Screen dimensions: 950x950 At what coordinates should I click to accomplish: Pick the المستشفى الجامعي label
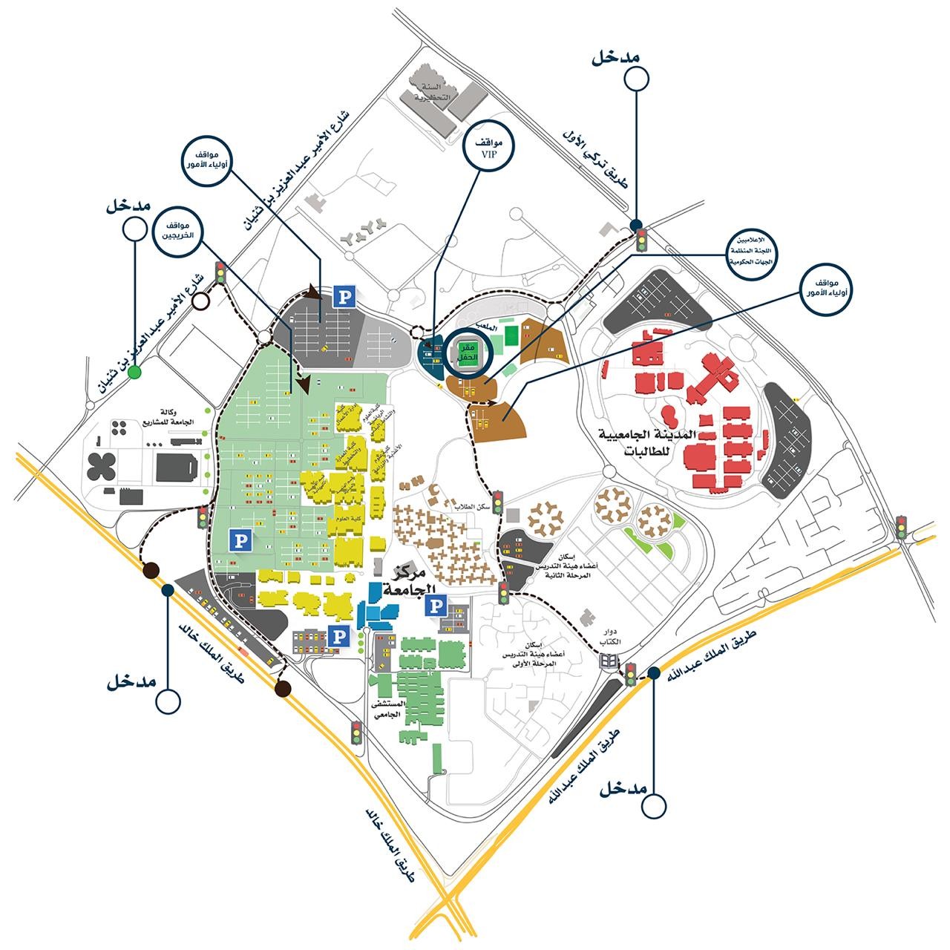[x=390, y=708]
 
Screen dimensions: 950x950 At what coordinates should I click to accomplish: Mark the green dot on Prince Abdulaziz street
[x=134, y=373]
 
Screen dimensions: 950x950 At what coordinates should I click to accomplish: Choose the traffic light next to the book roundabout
[x=631, y=674]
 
